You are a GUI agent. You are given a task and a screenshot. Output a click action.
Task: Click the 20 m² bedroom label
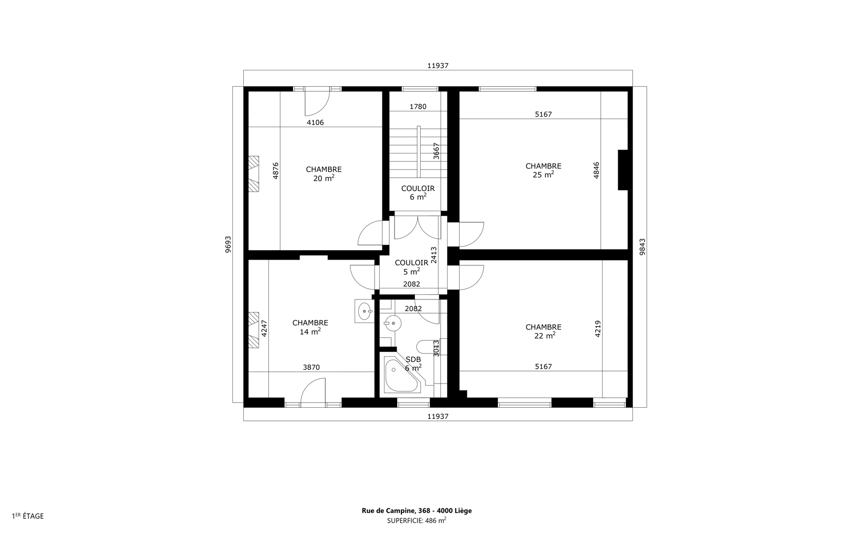[324, 174]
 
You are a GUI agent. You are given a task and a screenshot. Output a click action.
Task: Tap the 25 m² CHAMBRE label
[543, 170]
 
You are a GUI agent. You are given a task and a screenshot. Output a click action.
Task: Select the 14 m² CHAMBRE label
[310, 327]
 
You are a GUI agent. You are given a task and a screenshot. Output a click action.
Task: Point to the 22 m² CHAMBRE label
[543, 332]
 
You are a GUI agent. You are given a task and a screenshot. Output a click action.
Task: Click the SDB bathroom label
[413, 364]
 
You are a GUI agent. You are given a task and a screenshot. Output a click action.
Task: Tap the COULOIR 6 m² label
[418, 193]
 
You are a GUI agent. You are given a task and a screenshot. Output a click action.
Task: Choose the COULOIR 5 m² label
[411, 267]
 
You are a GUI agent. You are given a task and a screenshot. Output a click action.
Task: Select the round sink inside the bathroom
[393, 324]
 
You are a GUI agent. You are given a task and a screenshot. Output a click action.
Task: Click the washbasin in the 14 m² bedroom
[364, 311]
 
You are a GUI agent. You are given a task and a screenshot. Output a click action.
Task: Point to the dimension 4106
[315, 122]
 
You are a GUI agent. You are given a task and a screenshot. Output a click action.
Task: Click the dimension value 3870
[312, 367]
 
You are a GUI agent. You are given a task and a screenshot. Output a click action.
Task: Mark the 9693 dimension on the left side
[228, 244]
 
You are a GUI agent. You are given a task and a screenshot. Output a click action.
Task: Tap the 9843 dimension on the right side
[642, 247]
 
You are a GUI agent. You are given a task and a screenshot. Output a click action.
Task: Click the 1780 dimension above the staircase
[418, 107]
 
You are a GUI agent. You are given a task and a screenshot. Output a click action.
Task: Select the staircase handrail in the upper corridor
[419, 151]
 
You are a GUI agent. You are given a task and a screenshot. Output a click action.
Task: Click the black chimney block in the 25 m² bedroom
[623, 170]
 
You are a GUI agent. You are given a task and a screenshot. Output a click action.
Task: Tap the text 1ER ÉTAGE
[28, 516]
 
